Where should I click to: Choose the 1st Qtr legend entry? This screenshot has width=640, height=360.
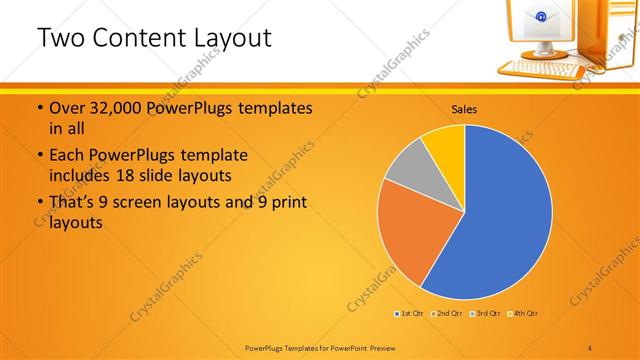coord(409,314)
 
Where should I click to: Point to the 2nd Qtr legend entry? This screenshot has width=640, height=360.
coord(447,314)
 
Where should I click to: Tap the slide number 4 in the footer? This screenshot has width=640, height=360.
coord(590,346)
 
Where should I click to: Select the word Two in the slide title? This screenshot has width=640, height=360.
coord(58,38)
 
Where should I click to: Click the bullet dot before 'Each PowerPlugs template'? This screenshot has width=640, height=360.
coord(39,156)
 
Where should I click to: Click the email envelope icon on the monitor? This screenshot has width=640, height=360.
coord(539,17)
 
